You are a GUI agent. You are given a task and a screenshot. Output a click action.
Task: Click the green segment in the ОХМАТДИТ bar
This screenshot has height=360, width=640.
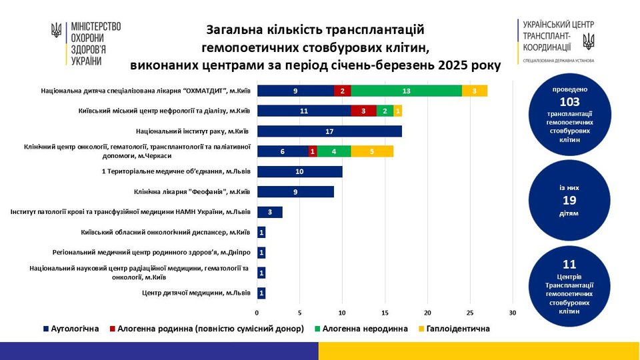pos(406,91)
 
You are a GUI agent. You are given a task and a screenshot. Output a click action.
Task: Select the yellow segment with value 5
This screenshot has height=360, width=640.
pos(372,151)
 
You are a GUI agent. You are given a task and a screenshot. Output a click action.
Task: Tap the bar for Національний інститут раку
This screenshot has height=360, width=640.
pos(329,131)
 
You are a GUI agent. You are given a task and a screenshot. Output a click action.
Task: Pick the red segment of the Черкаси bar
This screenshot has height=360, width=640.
pos(313,151)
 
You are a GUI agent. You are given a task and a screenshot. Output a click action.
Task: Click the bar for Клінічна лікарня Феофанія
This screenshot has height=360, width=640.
pos(295,192)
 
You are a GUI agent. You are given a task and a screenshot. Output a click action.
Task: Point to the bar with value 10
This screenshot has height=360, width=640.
pos(299,172)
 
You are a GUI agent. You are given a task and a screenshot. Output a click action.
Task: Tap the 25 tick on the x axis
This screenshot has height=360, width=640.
pos(471,313)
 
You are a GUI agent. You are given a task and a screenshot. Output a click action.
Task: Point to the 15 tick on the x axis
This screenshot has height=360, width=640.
pos(385,313)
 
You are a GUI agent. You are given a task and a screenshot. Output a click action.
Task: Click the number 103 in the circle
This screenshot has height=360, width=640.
pos(571,102)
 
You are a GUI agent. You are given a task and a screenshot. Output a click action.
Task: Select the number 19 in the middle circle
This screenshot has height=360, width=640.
pos(569,200)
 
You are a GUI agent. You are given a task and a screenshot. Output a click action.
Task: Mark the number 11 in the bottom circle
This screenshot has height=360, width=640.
pos(569,265)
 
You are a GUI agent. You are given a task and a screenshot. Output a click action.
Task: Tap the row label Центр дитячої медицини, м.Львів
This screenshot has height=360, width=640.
pos(197,292)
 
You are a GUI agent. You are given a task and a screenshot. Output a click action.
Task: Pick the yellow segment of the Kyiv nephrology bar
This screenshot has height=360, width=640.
pos(398,111)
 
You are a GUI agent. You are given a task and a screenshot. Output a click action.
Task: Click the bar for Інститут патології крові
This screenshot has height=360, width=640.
pos(269,212)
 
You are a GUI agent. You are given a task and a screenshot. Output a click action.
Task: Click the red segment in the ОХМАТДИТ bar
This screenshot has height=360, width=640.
pos(342,91)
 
